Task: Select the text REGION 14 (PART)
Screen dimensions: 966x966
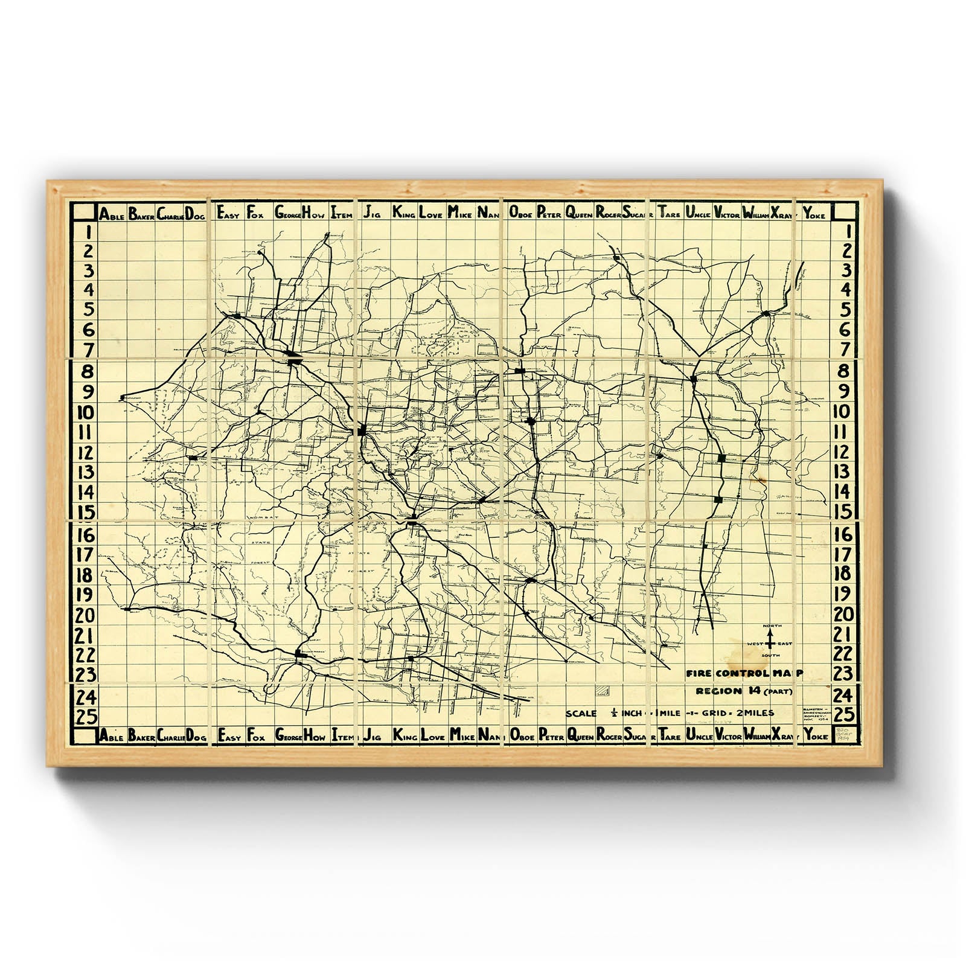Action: tap(743, 692)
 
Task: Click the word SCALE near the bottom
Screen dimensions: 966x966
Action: tap(581, 714)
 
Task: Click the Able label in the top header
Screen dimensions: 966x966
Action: tap(112, 214)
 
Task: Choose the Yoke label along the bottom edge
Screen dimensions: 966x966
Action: tap(815, 737)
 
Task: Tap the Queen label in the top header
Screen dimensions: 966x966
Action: tap(580, 213)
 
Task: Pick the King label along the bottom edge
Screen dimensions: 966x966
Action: tap(404, 737)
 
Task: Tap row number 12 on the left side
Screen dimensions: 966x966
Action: tap(86, 453)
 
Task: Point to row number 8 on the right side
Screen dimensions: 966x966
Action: tap(844, 371)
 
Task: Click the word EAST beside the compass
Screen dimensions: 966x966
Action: tap(785, 644)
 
